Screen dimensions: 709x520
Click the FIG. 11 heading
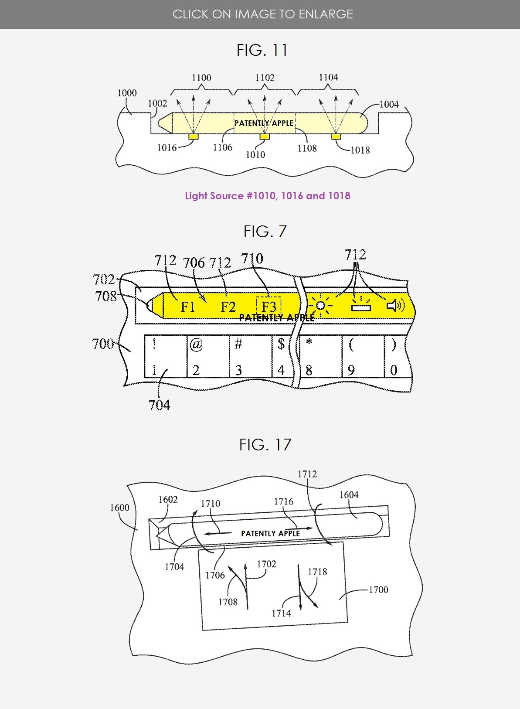click(262, 50)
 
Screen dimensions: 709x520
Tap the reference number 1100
click(201, 78)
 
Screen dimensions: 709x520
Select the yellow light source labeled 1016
click(193, 136)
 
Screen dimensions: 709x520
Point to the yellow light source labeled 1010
click(265, 136)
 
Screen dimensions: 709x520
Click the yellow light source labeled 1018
click(336, 136)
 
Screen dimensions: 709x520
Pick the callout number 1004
click(389, 104)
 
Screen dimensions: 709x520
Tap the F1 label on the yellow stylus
click(188, 307)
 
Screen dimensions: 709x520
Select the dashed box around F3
click(269, 306)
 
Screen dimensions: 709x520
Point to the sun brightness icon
click(320, 305)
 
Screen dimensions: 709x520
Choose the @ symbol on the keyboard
click(196, 345)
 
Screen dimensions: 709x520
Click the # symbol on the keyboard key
click(238, 344)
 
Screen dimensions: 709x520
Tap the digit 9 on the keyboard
click(351, 370)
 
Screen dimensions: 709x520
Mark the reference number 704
click(159, 405)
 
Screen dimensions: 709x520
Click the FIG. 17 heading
click(265, 445)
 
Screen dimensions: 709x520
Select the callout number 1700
click(378, 590)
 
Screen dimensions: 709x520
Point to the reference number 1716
click(283, 501)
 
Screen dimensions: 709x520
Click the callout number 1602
click(168, 499)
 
